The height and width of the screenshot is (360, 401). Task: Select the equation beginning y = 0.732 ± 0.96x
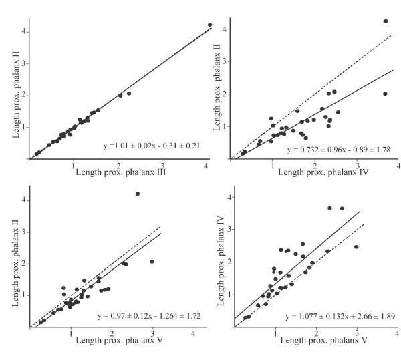click(x=337, y=151)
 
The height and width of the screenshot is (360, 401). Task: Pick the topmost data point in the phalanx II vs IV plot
click(x=386, y=21)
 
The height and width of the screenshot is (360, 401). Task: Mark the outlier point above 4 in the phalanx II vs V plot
click(x=138, y=194)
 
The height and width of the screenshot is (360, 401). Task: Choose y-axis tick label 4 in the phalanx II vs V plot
click(x=25, y=200)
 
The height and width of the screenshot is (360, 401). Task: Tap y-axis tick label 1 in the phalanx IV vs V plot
click(x=229, y=294)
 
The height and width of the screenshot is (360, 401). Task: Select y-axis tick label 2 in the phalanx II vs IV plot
click(x=227, y=94)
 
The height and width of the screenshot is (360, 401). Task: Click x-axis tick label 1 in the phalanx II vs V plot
click(x=72, y=333)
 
